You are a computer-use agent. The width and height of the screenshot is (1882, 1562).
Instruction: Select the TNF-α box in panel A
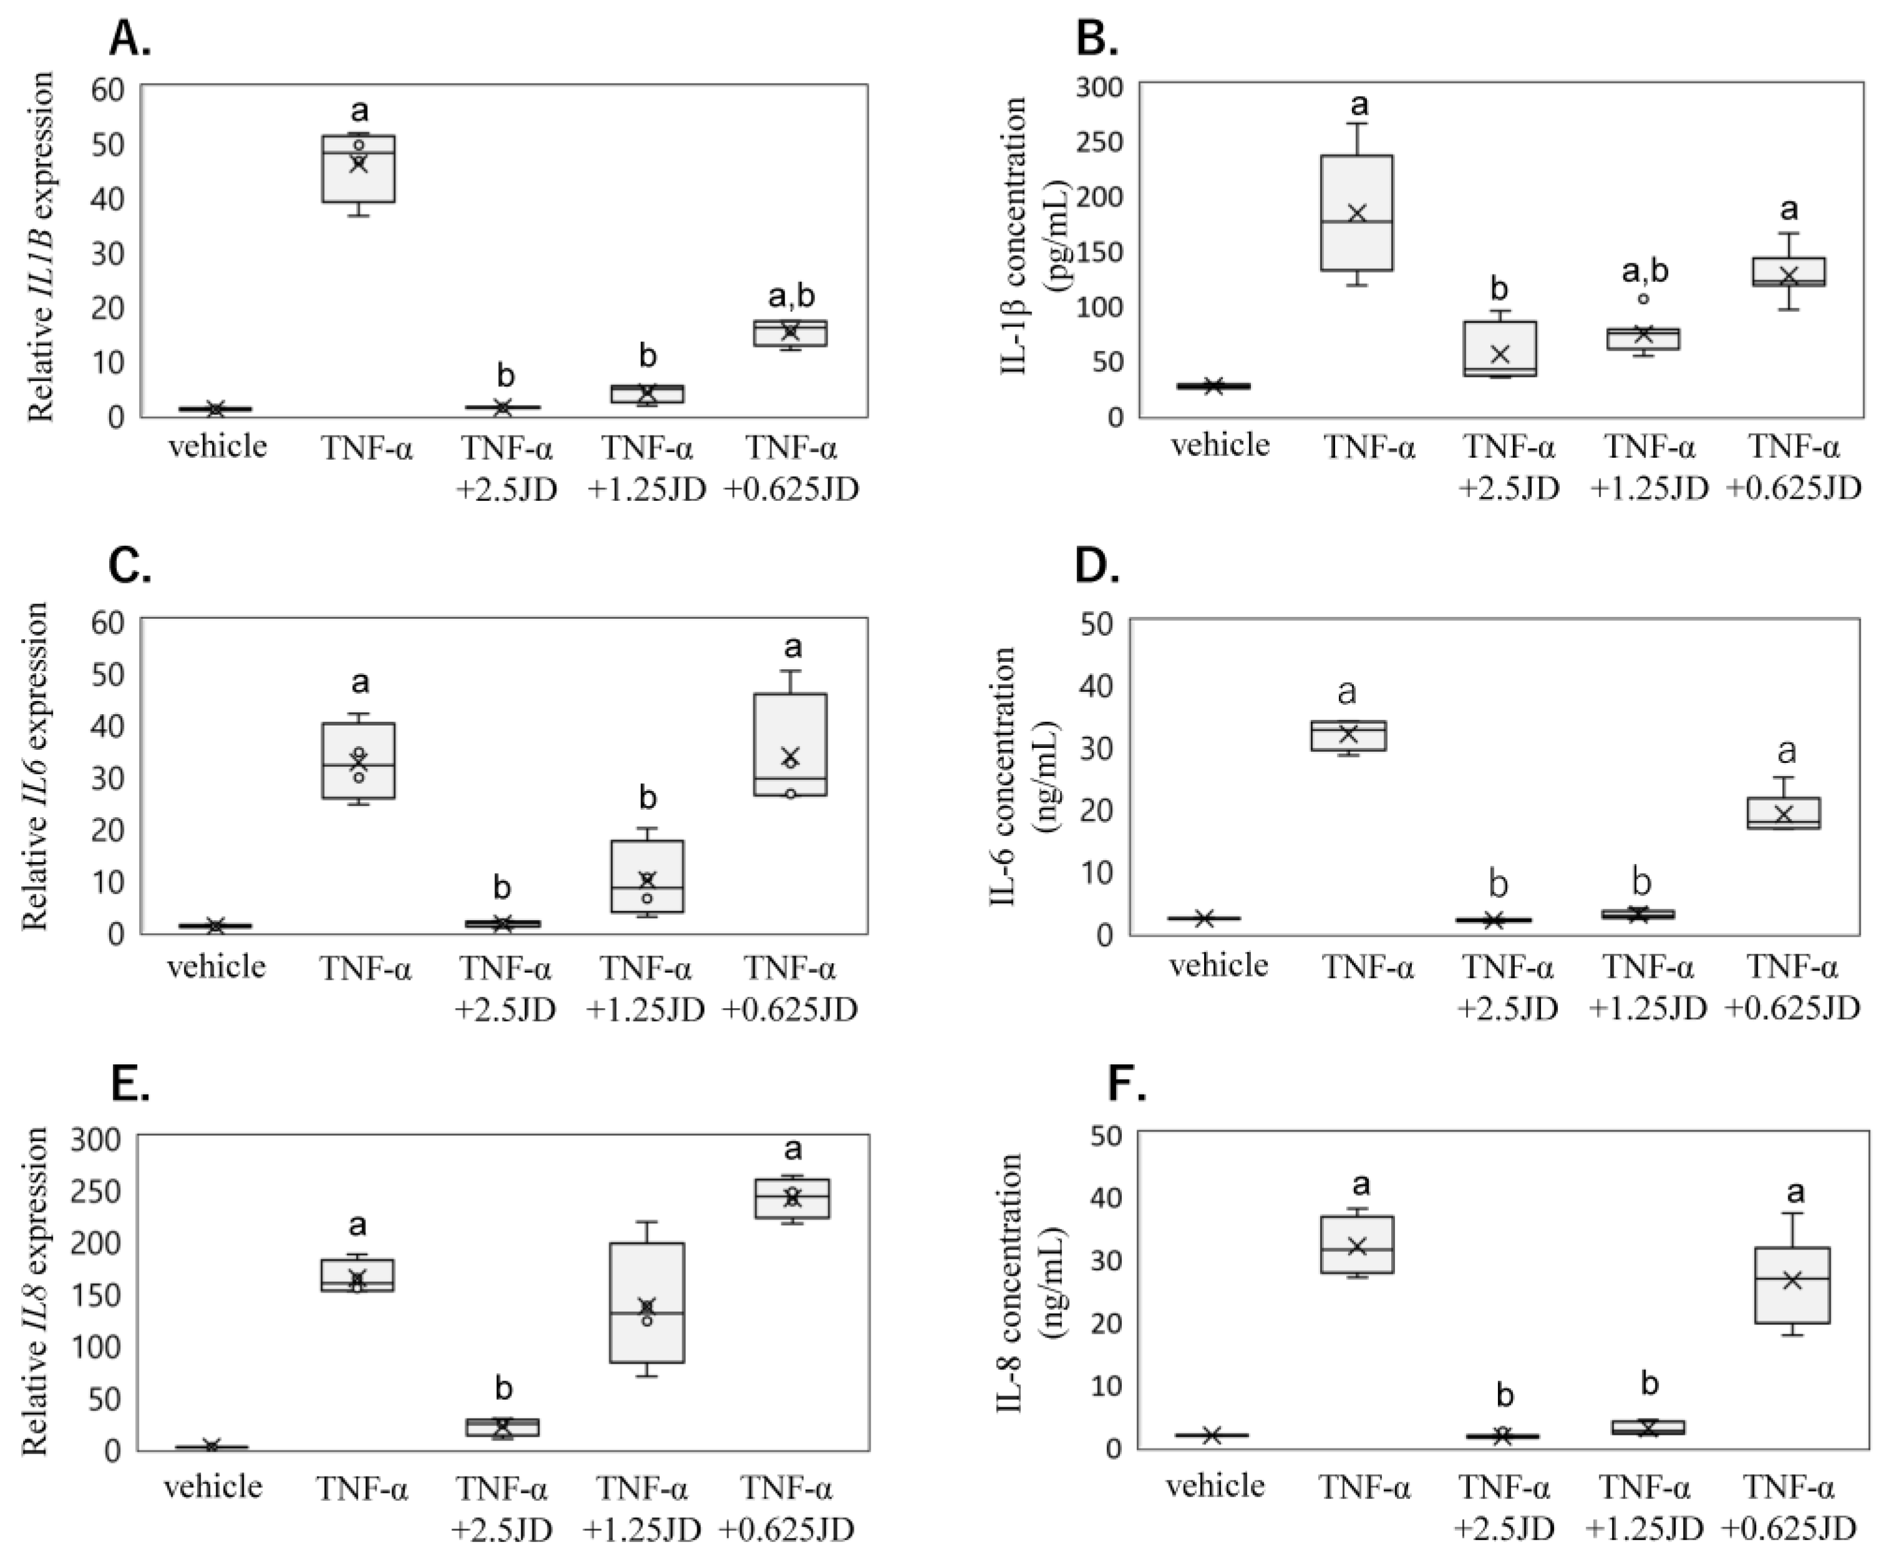tap(359, 168)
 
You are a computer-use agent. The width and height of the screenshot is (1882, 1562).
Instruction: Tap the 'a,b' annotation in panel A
tap(791, 298)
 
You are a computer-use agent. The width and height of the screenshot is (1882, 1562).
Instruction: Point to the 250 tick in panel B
tap(1106, 142)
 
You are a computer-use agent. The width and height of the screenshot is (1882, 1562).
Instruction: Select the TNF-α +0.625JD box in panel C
tap(791, 744)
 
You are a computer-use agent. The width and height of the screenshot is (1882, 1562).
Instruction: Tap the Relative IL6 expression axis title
tap(36, 767)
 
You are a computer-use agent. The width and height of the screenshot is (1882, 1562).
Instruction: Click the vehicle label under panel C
tap(217, 968)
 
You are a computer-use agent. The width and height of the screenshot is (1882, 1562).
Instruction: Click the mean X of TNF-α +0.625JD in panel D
tap(1783, 814)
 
